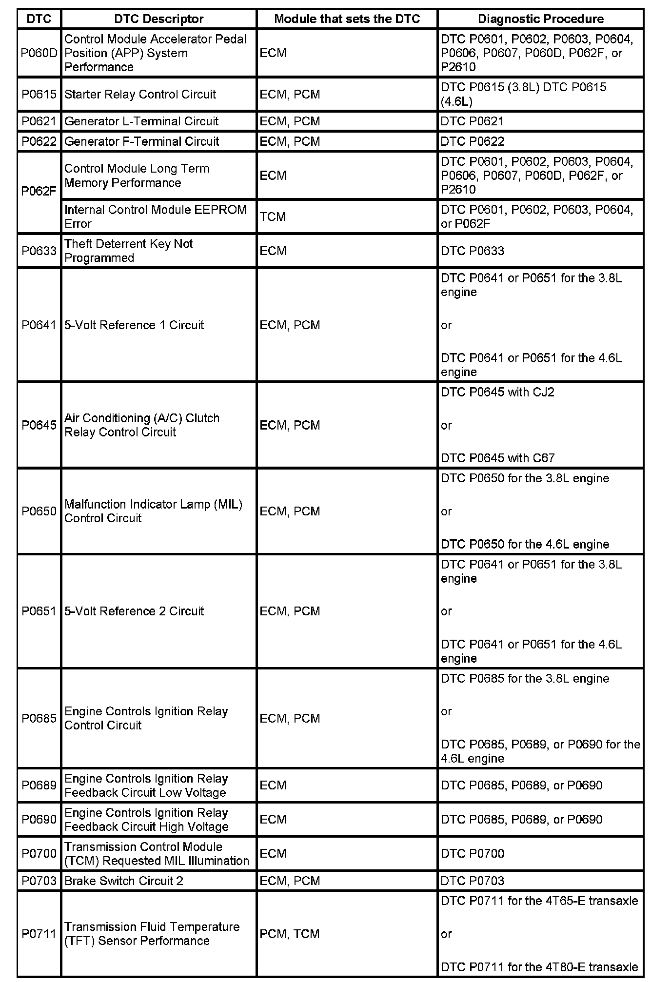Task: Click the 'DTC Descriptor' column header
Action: pyautogui.click(x=158, y=19)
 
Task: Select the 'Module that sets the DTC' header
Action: pyautogui.click(x=347, y=19)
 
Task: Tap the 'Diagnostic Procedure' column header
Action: pyautogui.click(x=540, y=19)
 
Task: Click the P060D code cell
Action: pyautogui.click(x=39, y=53)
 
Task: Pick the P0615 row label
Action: pyautogui.click(x=39, y=94)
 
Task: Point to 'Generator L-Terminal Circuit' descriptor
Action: pyautogui.click(x=141, y=121)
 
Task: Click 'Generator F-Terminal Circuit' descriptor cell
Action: pyautogui.click(x=142, y=141)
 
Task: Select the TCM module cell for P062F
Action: pyautogui.click(x=273, y=216)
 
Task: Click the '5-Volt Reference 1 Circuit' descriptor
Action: pyautogui.click(x=134, y=325)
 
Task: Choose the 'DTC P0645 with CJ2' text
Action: pyautogui.click(x=497, y=392)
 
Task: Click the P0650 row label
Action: pyautogui.click(x=39, y=511)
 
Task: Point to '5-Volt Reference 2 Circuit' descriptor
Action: pyautogui.click(x=134, y=611)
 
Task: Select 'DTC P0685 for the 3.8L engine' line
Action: pyautogui.click(x=525, y=678)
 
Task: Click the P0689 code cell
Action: pyautogui.click(x=39, y=785)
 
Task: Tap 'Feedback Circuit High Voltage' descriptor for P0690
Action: pyautogui.click(x=146, y=826)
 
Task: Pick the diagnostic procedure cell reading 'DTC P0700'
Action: pyautogui.click(x=472, y=853)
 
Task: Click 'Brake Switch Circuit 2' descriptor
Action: pyautogui.click(x=124, y=881)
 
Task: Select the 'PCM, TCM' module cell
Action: pyautogui.click(x=290, y=934)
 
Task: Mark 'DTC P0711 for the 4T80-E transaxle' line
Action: pyautogui.click(x=539, y=966)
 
